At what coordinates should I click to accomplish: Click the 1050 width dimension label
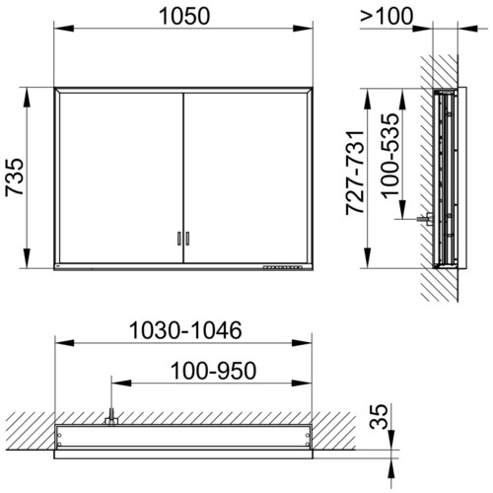coord(184,16)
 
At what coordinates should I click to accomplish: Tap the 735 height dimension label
coord(15,177)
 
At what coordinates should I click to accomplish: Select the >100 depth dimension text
coord(387,16)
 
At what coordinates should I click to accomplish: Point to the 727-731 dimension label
coord(355,173)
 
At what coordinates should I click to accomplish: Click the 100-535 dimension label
coord(390,156)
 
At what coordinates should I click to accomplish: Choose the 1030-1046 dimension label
coord(185,330)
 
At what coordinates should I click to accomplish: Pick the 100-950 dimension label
coord(213,371)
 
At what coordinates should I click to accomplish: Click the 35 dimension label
coord(379,417)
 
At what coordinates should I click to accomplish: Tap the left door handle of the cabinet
coord(179,239)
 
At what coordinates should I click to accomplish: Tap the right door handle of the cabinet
coord(187,239)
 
